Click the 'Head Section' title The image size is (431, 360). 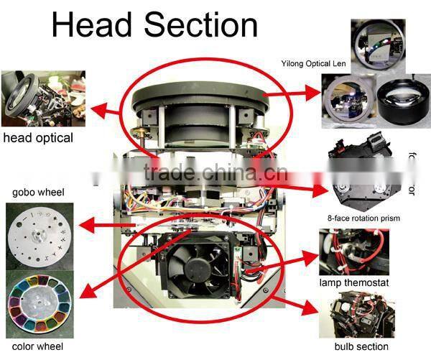tap(154, 25)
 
